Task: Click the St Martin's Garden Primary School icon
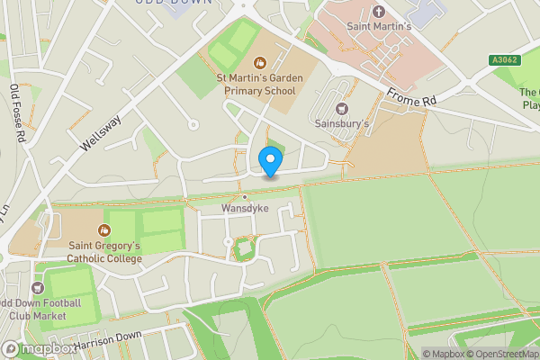coord(260,62)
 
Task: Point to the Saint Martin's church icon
coord(379,12)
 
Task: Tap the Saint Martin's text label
coord(379,27)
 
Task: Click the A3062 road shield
coord(506,60)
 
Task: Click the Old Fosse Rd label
coord(16,112)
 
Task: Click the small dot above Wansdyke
coord(244,196)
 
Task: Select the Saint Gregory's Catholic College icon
coord(104,229)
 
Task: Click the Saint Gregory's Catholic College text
coord(104,251)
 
